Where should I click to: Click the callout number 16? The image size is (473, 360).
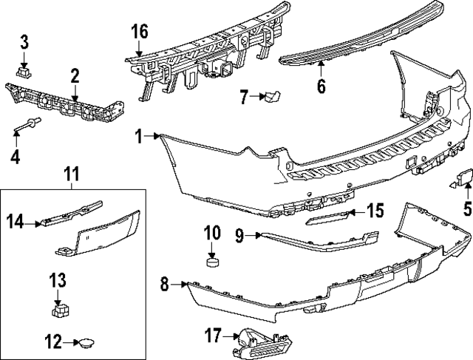coord(140,32)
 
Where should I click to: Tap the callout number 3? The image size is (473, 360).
coord(24,41)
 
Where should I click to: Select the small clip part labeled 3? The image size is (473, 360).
coord(24,72)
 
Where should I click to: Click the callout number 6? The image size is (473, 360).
coord(321,86)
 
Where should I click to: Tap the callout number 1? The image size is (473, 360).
coord(138,135)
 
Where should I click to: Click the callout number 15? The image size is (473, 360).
coord(375,211)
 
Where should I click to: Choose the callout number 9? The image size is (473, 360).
coord(239,236)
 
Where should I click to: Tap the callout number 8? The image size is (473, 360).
coord(166,282)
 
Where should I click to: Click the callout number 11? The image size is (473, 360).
coord(71,174)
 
